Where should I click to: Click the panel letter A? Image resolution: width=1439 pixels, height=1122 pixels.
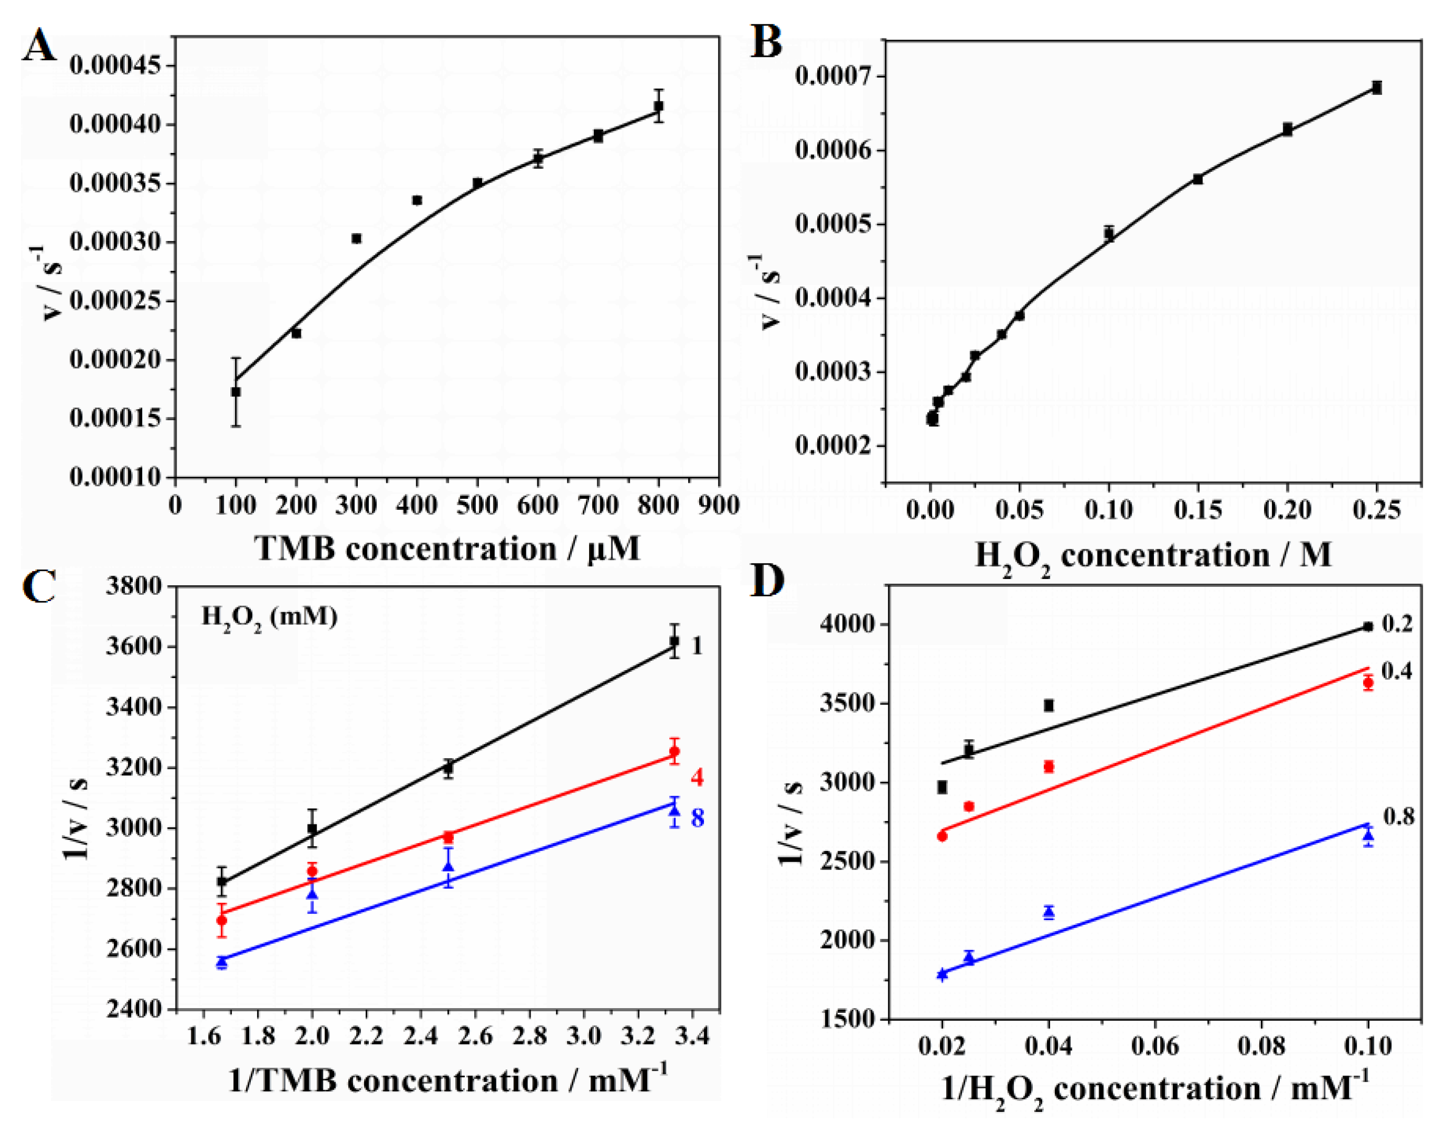pos(40,46)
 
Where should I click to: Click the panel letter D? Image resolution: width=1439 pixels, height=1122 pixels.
pos(768,580)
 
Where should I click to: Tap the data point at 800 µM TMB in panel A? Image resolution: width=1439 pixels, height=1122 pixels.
pos(658,105)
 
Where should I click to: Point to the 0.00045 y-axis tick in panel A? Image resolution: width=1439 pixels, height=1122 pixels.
pos(115,65)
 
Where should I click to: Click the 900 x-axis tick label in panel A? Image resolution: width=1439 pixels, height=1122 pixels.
pos(718,506)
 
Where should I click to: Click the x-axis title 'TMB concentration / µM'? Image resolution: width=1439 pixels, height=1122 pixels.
pos(447,549)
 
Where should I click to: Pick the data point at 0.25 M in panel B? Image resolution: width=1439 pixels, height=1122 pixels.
pos(1376,88)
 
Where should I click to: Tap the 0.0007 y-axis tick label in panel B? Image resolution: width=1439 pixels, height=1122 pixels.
pos(836,76)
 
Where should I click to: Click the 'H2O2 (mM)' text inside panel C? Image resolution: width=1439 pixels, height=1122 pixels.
pos(269,618)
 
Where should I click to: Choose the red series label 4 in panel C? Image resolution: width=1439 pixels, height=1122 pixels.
pos(697,777)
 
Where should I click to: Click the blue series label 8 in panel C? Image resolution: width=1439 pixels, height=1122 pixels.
pos(697,818)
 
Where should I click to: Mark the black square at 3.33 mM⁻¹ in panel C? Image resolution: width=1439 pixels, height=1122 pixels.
pos(674,641)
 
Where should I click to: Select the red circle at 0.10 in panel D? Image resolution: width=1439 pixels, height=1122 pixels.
pos(1368,683)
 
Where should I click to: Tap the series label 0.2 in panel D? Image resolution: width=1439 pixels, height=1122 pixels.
pos(1397,624)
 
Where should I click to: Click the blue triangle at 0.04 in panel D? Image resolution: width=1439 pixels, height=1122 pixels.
pos(1049,912)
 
